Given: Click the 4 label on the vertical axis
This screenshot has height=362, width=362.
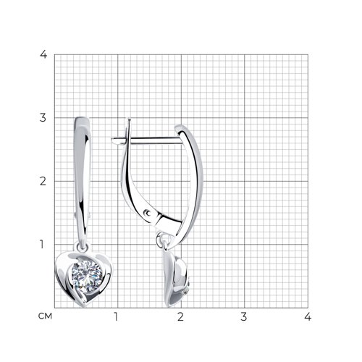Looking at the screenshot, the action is (43, 54).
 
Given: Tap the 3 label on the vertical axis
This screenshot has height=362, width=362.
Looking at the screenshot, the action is (43, 118).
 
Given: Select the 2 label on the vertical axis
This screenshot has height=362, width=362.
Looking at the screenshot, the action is (43, 181).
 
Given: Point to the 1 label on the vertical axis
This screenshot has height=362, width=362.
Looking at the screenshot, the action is (42, 244).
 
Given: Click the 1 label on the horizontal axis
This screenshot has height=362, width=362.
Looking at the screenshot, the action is (116, 316).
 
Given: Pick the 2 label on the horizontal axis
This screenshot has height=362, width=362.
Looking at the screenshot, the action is (180, 316).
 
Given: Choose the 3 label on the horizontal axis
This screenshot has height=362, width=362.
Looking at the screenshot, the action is (244, 316).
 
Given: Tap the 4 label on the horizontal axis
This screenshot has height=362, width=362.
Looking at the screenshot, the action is (308, 316).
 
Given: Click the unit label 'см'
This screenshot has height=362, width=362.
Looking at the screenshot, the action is (45, 316).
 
